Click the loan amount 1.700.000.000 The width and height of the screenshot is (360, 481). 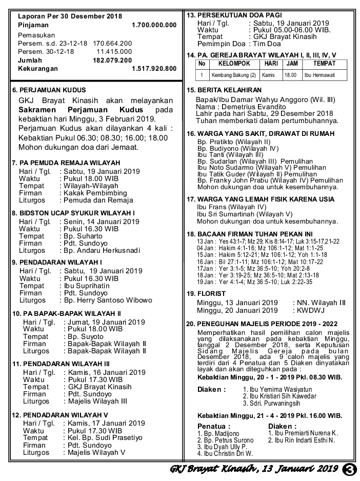(154, 25)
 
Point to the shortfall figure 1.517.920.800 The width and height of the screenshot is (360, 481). (154, 68)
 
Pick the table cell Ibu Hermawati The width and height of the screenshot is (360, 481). (320, 75)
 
